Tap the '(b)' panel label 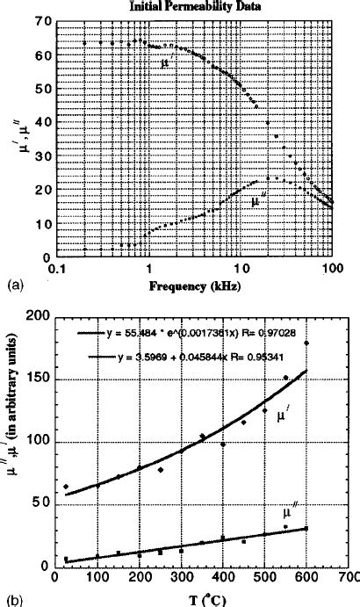[x=13, y=600]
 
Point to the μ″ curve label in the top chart [x=257, y=201]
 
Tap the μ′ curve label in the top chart [x=166, y=63]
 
